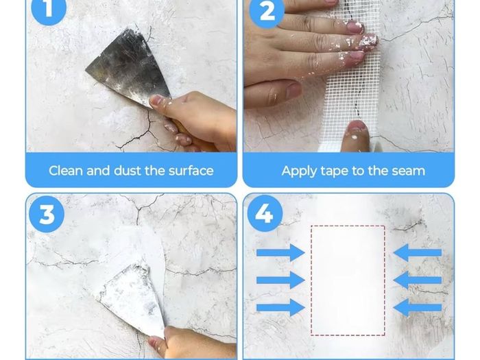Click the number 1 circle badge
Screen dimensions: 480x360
pyautogui.click(x=49, y=8)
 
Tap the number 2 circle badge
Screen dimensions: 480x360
pyautogui.click(x=267, y=11)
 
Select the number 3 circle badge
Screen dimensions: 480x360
pyautogui.click(x=47, y=214)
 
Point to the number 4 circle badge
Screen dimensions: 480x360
pyautogui.click(x=265, y=213)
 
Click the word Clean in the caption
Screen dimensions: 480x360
pyautogui.click(x=66, y=171)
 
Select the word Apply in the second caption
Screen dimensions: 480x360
pyautogui.click(x=299, y=171)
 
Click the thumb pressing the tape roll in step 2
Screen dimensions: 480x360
pyautogui.click(x=355, y=136)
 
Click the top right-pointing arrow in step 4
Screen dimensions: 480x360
pyautogui.click(x=280, y=252)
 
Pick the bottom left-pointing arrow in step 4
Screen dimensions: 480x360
pyautogui.click(x=418, y=307)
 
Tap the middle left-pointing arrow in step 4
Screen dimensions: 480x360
pyautogui.click(x=418, y=280)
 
